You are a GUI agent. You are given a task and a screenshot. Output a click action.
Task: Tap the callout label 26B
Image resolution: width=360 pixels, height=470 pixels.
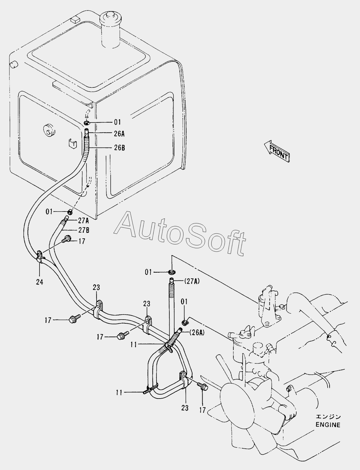pos(119,148)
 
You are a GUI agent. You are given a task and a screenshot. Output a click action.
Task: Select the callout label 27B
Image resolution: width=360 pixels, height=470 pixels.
pos(83,230)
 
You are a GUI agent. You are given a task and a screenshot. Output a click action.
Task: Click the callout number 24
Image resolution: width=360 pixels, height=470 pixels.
pos(40,282)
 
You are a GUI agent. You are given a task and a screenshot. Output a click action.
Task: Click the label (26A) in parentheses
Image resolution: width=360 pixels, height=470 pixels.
pos(197,332)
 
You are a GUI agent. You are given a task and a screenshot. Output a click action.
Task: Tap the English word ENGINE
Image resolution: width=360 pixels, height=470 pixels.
pos(328,425)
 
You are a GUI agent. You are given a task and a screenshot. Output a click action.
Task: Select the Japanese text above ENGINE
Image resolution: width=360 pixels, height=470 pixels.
pos(328,417)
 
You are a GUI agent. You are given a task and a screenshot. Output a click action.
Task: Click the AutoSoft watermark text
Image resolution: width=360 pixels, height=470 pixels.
pos(180,233)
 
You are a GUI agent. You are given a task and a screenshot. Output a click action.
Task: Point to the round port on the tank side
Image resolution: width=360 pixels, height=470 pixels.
pos(49,130)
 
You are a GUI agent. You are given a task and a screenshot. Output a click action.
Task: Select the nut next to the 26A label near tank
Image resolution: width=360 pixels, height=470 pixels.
pos(87,123)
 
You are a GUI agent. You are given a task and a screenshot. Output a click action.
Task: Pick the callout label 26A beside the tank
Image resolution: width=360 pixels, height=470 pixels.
pos(119,134)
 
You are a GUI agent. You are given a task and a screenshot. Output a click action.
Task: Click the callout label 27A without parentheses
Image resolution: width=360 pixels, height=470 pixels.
pos(83,221)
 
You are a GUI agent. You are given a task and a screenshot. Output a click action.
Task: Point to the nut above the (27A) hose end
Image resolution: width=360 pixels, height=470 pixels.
pos(172,272)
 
